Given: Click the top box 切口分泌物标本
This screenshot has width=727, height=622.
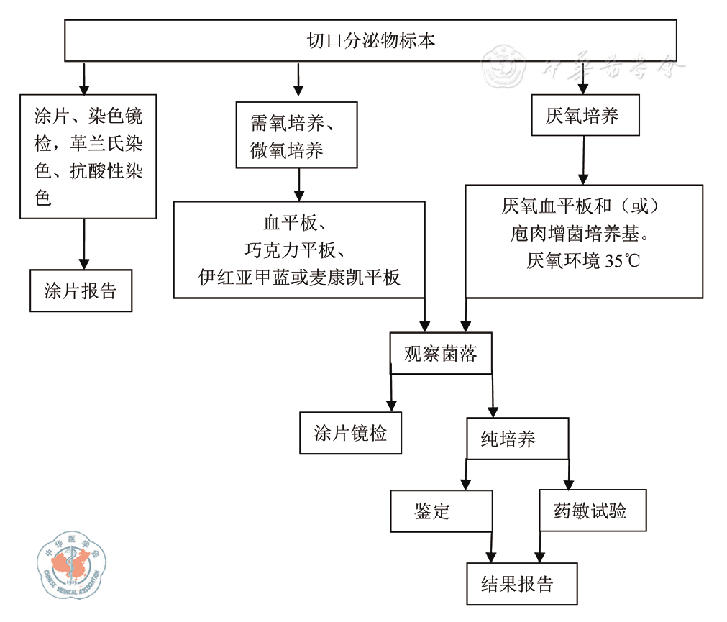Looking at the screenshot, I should point(370,40).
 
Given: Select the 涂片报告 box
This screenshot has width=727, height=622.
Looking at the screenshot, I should point(81,291).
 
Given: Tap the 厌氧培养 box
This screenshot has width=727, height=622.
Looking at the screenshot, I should point(585,116).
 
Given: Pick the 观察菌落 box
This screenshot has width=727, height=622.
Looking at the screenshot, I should point(441,353).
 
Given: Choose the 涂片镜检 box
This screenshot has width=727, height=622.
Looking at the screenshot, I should point(350,433).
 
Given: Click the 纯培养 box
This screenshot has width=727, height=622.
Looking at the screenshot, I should point(517,439).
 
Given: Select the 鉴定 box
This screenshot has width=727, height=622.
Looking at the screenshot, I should point(441,511).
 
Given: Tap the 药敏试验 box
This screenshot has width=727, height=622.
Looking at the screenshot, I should point(592,511).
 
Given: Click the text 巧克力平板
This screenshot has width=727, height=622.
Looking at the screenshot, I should point(298,250).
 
